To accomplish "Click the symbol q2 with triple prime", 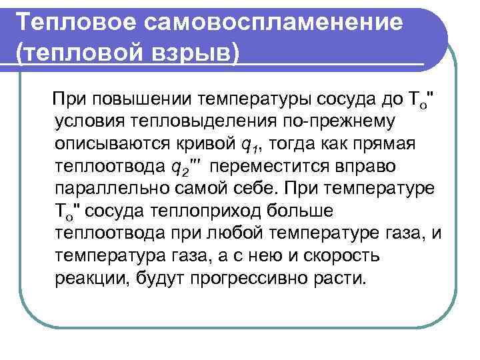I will point(183,167).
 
